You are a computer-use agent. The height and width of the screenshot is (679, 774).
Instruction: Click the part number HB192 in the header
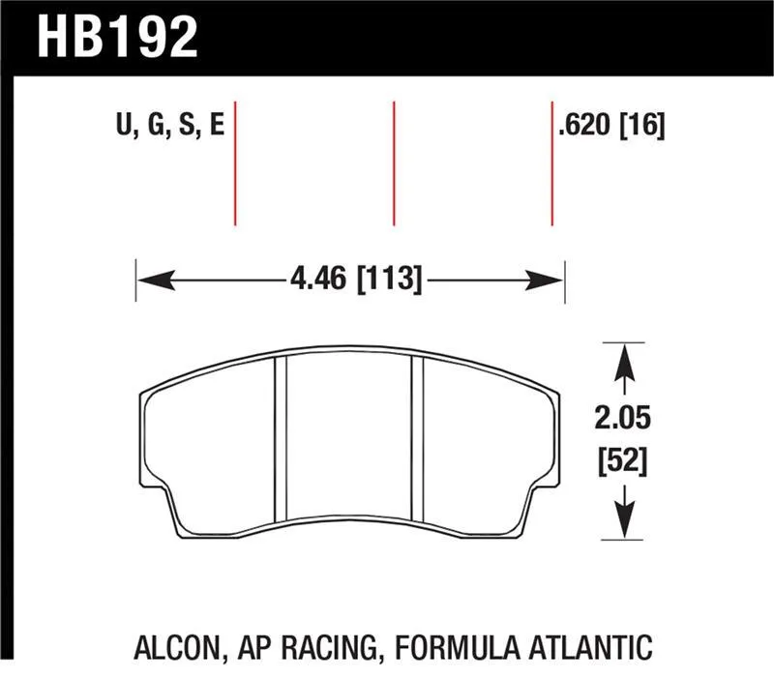point(117,36)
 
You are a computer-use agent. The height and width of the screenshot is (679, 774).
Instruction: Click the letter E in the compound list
point(217,124)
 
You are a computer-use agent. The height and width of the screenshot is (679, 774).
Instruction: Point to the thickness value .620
point(584,125)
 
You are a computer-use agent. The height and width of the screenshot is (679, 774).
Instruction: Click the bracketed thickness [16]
point(641,125)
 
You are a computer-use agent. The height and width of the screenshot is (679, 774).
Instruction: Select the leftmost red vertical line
point(235,163)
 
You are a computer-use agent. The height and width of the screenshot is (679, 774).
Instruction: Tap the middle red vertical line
point(394,163)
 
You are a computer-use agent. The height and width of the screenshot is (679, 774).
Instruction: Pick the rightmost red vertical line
point(551,163)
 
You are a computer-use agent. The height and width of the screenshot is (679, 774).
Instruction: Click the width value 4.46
point(318,280)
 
